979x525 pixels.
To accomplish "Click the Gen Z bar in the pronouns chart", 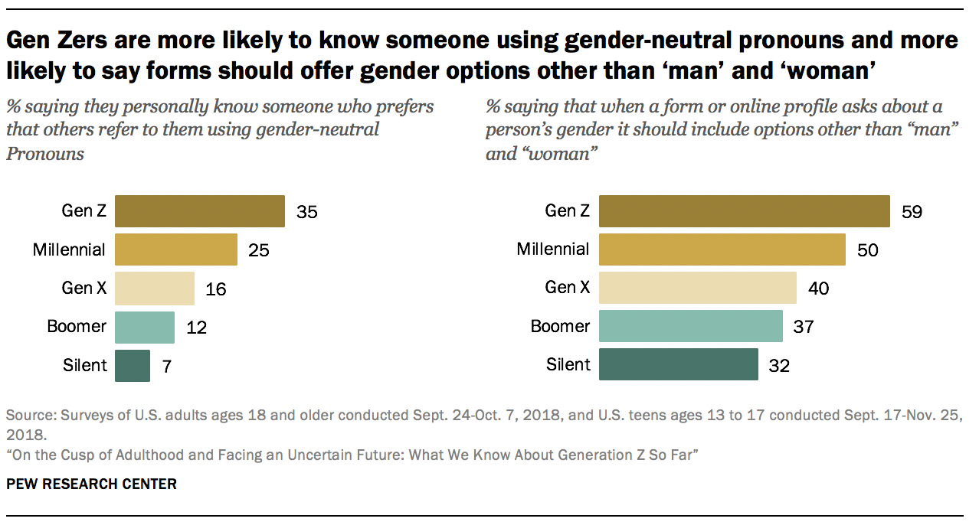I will (199, 211).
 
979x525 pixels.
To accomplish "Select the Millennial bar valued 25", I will (175, 249).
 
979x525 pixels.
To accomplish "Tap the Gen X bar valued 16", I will (154, 288).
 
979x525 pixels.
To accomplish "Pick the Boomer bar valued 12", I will (144, 327).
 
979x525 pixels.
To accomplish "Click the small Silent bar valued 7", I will (133, 365).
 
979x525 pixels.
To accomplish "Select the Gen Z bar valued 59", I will (744, 211).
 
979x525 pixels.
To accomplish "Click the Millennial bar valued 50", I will (722, 249).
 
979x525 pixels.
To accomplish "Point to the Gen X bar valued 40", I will (697, 288).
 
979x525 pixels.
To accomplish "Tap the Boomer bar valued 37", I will (690, 327).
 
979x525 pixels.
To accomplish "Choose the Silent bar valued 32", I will (678, 365).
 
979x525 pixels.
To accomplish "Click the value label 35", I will (306, 212).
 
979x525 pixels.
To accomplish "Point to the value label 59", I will (912, 212).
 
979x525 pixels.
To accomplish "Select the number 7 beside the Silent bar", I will (166, 366).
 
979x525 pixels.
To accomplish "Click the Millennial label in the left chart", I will (70, 249).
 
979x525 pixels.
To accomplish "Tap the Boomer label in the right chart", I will (560, 326).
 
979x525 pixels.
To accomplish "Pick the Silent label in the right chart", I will (568, 364).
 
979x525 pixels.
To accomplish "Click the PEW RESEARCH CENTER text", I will (91, 484).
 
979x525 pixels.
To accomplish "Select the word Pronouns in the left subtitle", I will (44, 153).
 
